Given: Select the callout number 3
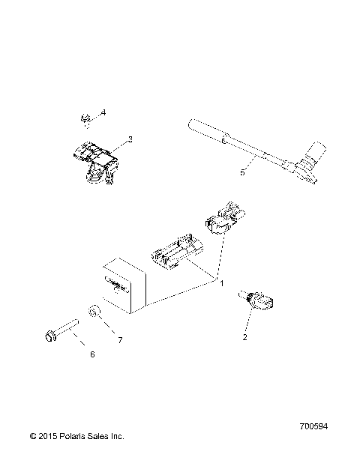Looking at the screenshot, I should pos(130,139).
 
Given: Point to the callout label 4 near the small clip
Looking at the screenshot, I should pos(103,112).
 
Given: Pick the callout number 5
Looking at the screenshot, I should pos(241,172).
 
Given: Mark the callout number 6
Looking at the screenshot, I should pos(92,354).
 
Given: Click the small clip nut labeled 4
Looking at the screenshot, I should pos(85,117).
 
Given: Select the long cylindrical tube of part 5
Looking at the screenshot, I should pos(225,142).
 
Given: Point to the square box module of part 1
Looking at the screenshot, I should pos(123,285).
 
